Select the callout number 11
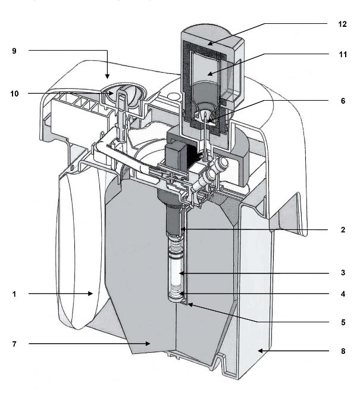pos(342,54)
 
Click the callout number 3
pos(342,273)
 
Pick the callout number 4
pos(342,294)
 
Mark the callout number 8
pos(342,351)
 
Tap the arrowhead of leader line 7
pos(149,344)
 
